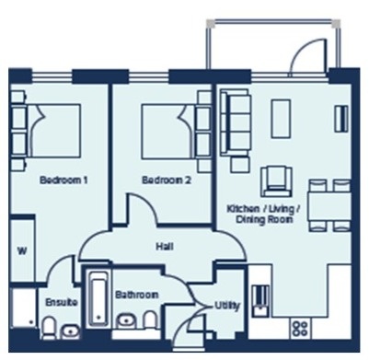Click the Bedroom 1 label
click(63, 181)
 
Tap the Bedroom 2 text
click(166, 181)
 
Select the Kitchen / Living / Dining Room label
click(264, 215)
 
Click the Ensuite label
click(60, 302)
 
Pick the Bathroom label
click(136, 295)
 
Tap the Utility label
click(226, 303)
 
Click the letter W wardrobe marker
click(22, 250)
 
